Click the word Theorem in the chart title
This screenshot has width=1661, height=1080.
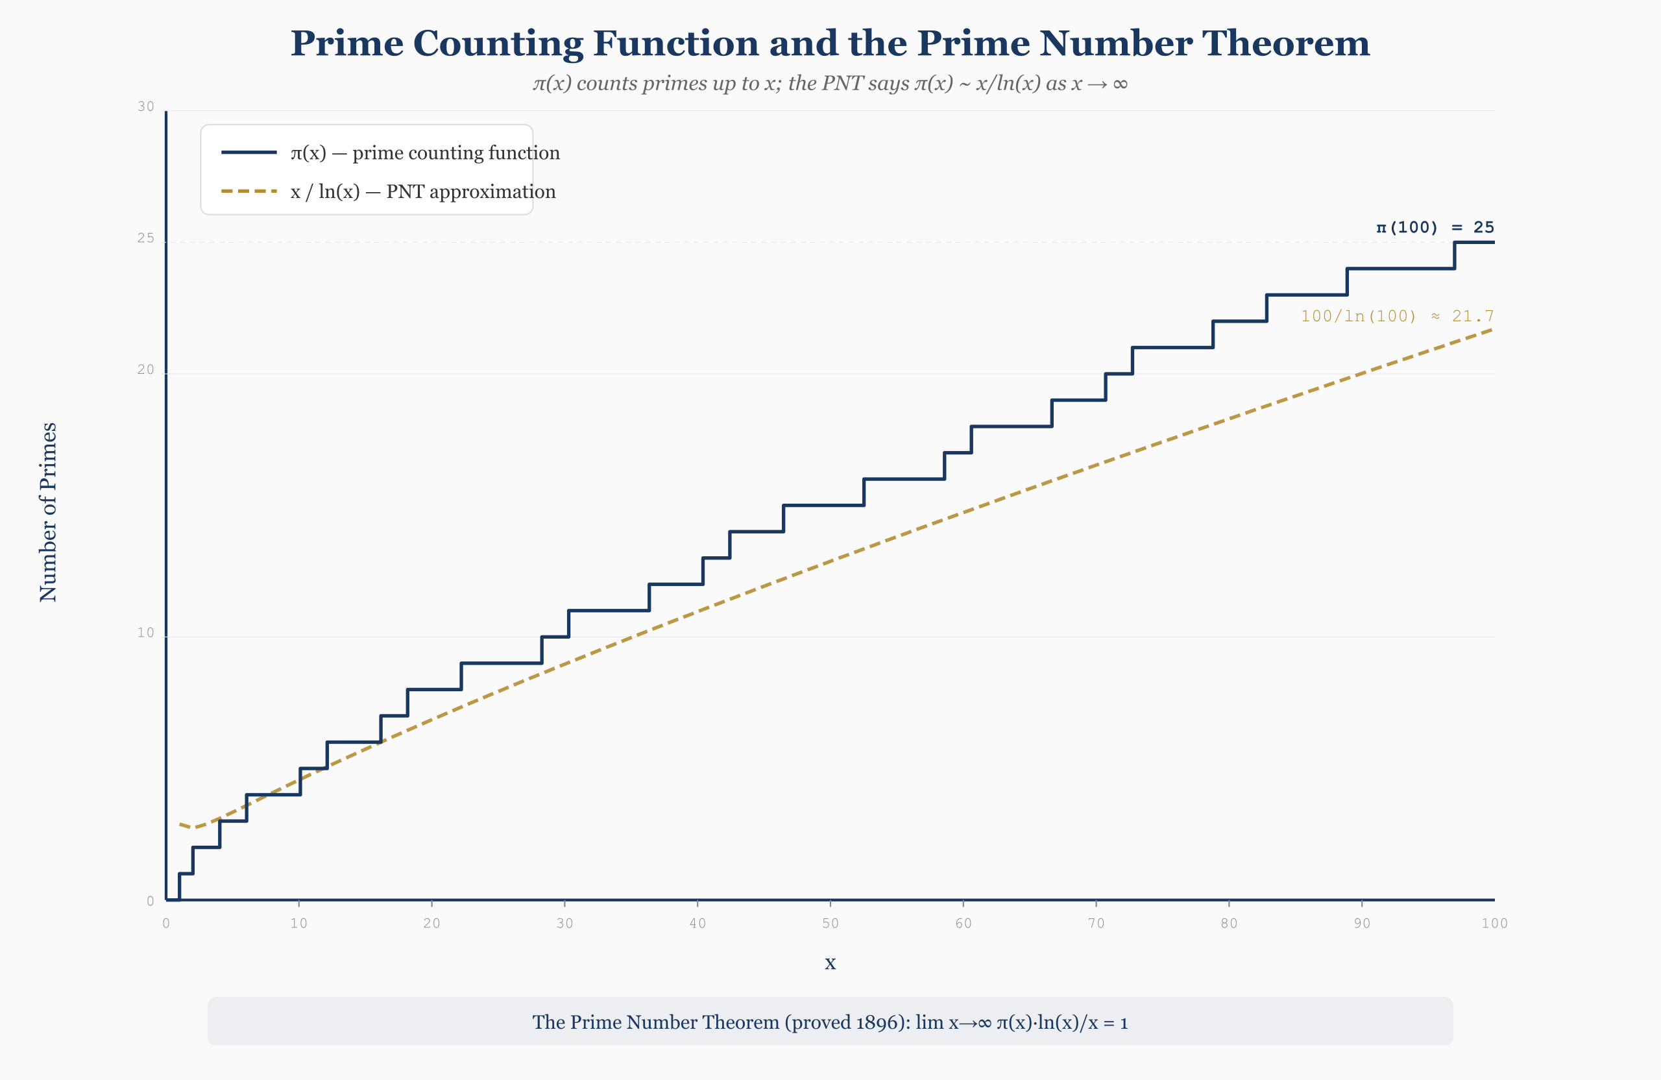tap(1285, 43)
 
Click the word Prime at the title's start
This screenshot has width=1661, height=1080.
tap(347, 43)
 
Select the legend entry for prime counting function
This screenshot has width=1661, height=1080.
tap(424, 153)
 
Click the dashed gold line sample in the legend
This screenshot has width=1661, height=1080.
tap(249, 191)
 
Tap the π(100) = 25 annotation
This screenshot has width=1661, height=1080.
tap(1434, 228)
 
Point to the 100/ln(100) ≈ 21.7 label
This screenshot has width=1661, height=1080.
tap(1396, 316)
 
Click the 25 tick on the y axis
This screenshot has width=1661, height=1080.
tap(146, 239)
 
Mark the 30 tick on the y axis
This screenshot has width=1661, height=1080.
tap(146, 107)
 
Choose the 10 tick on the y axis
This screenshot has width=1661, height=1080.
tap(146, 633)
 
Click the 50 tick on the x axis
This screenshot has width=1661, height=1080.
tap(830, 924)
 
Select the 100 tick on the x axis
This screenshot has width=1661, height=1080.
tap(1494, 924)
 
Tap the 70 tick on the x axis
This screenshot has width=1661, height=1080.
tap(1096, 924)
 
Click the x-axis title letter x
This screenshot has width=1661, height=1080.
tap(830, 963)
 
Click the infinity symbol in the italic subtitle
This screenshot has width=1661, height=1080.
tap(1119, 84)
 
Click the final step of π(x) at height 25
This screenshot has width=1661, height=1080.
tap(1474, 242)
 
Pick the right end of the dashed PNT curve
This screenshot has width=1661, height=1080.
tap(1492, 330)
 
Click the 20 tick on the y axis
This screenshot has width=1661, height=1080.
tap(146, 370)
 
